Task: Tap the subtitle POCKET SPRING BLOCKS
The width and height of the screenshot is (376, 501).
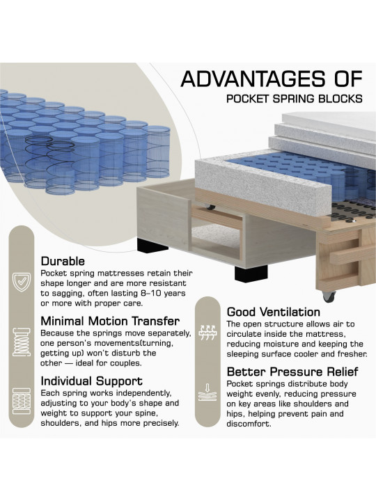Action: click(x=294, y=98)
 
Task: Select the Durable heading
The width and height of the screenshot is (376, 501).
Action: click(x=63, y=261)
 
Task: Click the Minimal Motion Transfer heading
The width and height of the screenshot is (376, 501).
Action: click(x=110, y=321)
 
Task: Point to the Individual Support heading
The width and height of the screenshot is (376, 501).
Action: click(x=91, y=381)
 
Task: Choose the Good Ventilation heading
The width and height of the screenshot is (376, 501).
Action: click(x=274, y=312)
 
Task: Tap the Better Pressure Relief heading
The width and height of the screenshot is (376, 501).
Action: click(x=292, y=372)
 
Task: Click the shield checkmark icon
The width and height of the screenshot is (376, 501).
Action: click(x=22, y=282)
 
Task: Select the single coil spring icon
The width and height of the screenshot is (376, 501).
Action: click(x=22, y=342)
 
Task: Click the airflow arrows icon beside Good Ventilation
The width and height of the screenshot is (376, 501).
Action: click(x=207, y=333)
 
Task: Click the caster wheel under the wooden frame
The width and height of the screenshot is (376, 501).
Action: click(x=329, y=296)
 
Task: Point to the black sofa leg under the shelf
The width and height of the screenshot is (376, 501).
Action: click(x=251, y=273)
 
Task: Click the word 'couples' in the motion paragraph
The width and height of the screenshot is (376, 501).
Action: click(x=125, y=363)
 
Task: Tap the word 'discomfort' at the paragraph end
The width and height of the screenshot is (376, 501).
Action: click(x=249, y=424)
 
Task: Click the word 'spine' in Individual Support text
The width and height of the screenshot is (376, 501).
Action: click(x=147, y=413)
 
